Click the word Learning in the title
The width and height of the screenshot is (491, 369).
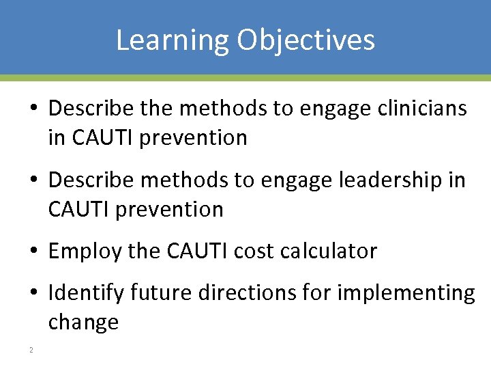[173, 40]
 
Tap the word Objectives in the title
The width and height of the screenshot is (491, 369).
[306, 40]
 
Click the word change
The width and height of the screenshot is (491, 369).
[83, 322]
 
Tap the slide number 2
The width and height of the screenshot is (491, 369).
[31, 351]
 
